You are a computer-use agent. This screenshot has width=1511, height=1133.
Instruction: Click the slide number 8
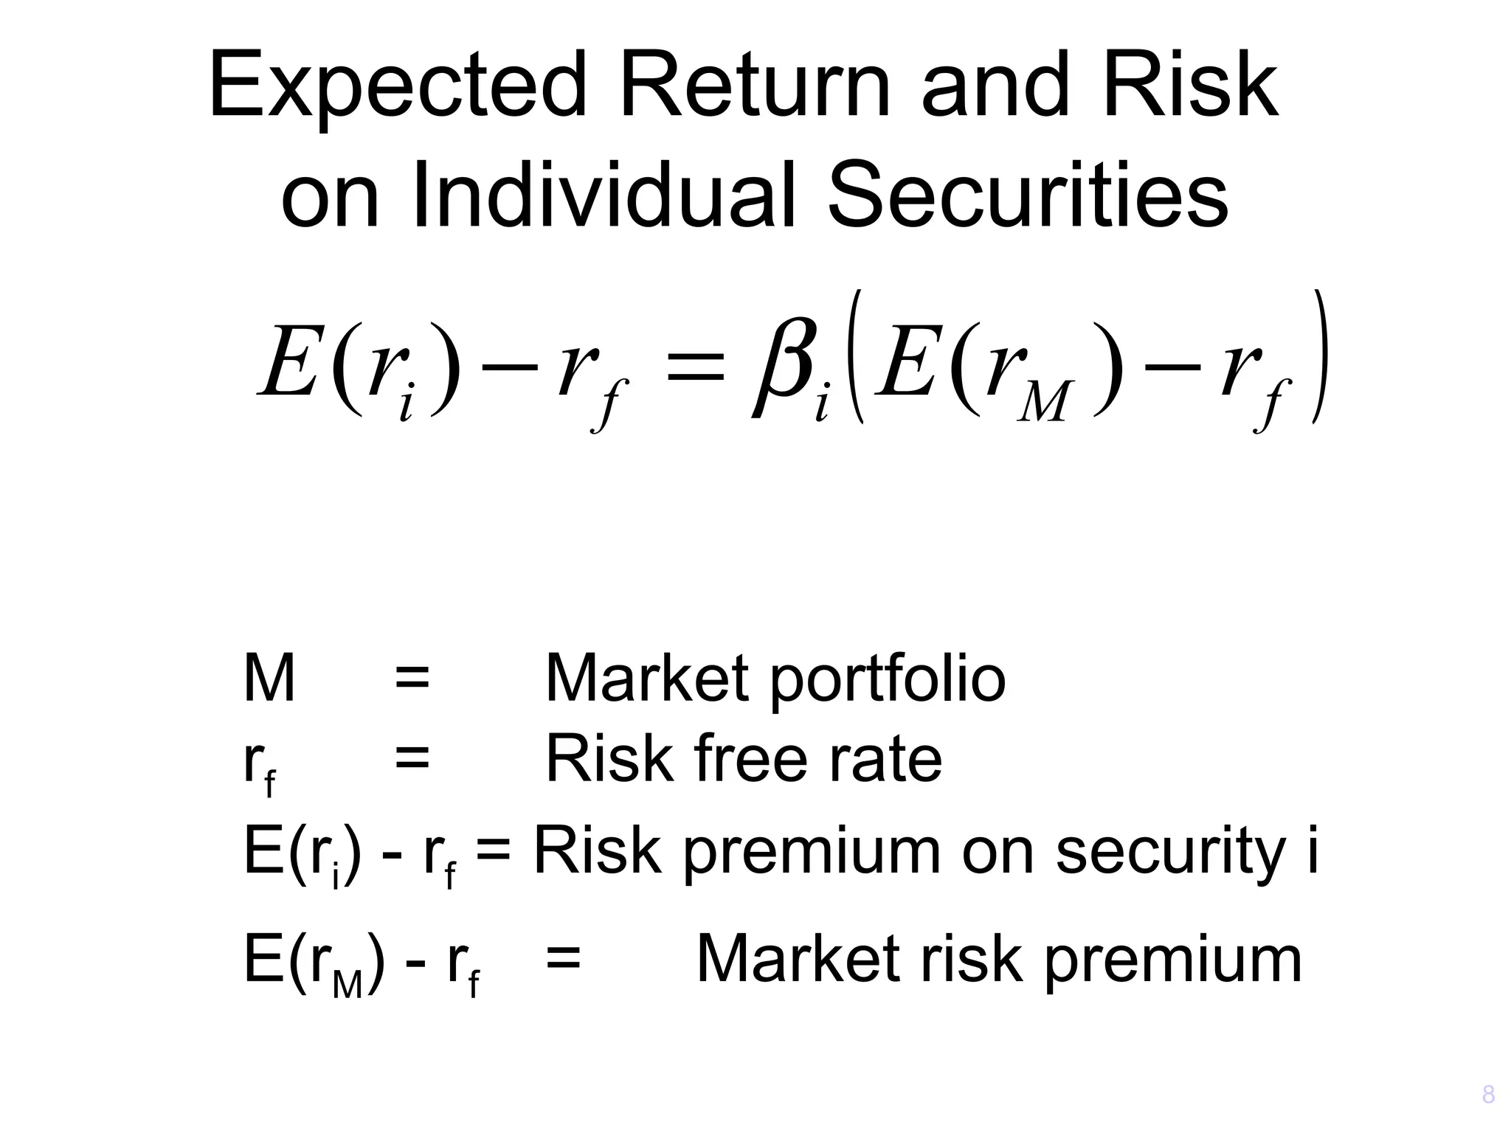point(1488,1095)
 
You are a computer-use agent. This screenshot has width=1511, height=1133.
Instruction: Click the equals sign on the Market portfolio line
point(412,679)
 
